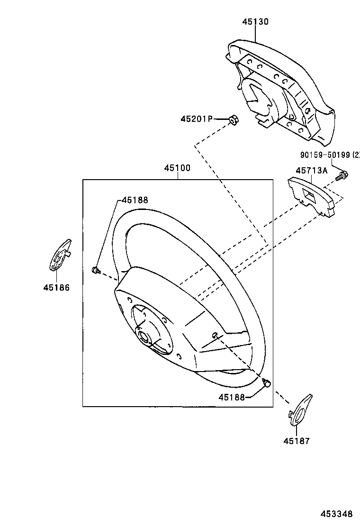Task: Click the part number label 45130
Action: click(x=255, y=22)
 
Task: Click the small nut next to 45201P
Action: click(x=233, y=120)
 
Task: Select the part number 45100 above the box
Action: click(x=177, y=168)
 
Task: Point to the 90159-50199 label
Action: click(x=329, y=155)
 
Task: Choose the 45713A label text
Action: click(x=312, y=171)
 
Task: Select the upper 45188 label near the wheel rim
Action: click(x=135, y=200)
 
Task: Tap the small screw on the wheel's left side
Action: click(x=95, y=271)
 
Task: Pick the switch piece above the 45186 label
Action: click(x=60, y=256)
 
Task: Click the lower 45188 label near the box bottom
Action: click(x=232, y=397)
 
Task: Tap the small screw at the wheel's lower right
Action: click(x=267, y=382)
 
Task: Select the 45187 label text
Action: click(x=297, y=441)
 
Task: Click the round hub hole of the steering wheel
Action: click(x=144, y=337)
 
